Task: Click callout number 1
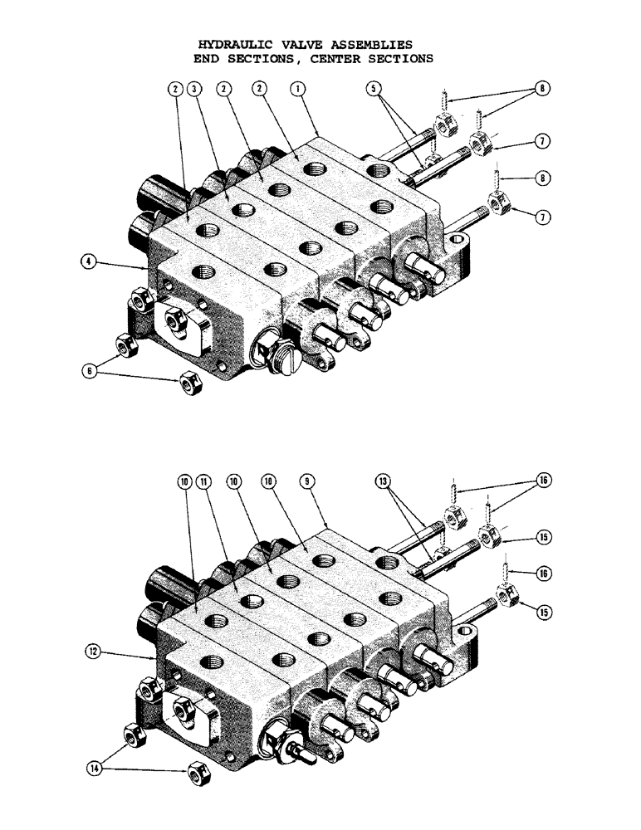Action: coord(296,88)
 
